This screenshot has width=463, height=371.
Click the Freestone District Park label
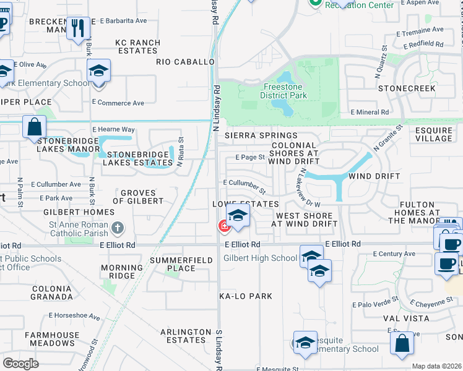(283, 92)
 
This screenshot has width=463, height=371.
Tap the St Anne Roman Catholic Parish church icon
(118, 229)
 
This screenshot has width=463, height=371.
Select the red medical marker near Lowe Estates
(223, 227)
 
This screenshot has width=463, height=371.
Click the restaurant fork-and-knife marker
(79, 28)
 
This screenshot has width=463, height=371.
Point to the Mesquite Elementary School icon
(305, 344)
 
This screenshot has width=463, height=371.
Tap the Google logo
(20, 363)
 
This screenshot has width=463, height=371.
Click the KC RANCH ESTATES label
(137, 47)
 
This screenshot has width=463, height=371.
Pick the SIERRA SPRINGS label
(261, 135)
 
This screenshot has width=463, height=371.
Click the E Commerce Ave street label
(118, 103)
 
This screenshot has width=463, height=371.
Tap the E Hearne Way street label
(113, 129)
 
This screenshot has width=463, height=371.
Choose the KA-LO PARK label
(245, 296)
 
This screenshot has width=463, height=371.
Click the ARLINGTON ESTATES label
(183, 336)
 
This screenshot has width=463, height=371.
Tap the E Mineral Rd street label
(370, 113)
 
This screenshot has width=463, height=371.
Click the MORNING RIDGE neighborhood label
(118, 271)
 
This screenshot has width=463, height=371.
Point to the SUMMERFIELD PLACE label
(173, 264)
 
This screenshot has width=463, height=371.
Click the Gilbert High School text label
(260, 258)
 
